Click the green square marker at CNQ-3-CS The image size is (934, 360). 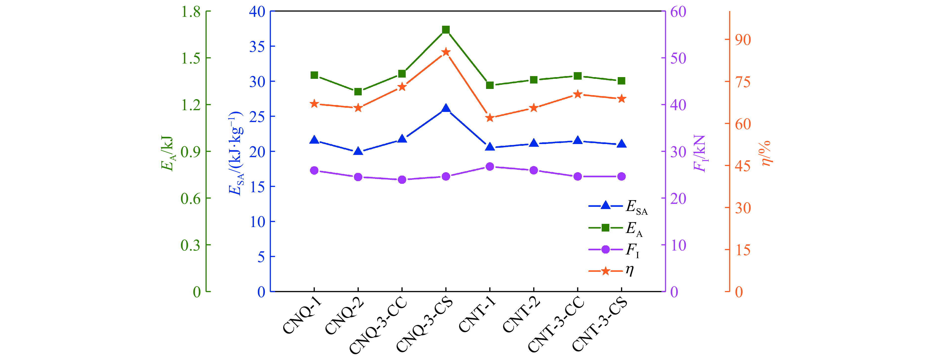tap(446, 30)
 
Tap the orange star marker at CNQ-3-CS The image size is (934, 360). tap(446, 52)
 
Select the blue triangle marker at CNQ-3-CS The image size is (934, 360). tap(446, 108)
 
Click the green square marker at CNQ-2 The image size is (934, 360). tap(358, 92)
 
